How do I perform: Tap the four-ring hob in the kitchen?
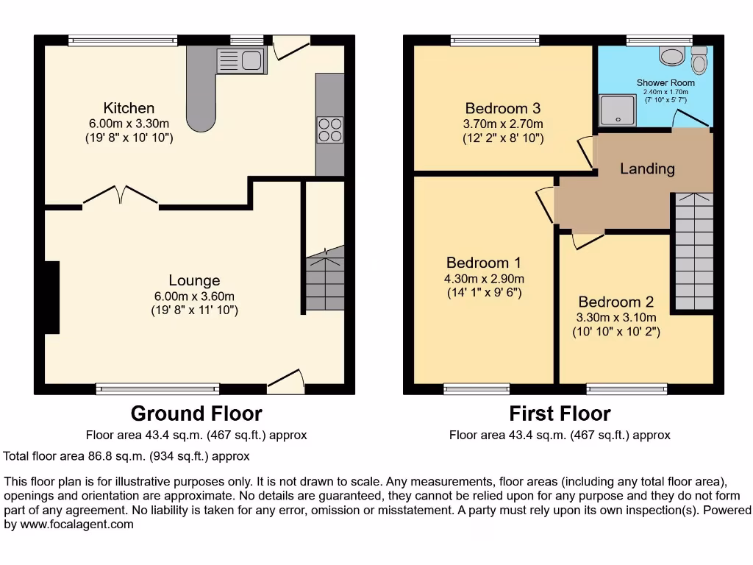point(329,129)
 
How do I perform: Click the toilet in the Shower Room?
point(699,61)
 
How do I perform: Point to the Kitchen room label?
point(129,108)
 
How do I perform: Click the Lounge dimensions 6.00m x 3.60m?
point(194,296)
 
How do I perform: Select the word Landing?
point(647,168)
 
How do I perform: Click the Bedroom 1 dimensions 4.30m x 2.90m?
point(483,279)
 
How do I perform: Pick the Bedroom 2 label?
point(615,302)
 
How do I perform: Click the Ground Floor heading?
point(196,413)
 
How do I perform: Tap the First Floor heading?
point(560,413)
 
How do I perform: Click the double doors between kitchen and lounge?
point(121,196)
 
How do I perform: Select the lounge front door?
point(287,378)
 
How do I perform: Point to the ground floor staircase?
point(324,281)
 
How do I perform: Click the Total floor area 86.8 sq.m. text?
point(126,456)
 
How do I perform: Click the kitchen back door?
point(292,47)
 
